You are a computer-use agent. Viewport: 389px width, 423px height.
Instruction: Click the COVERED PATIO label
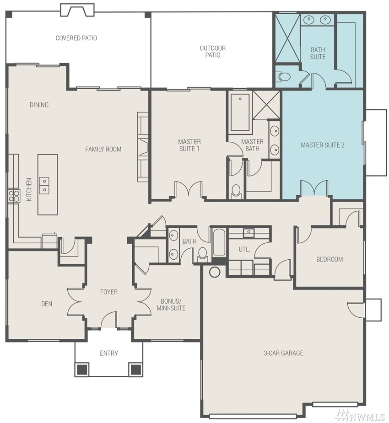[76, 38]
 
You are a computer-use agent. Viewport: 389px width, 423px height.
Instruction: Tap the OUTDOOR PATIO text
[213, 52]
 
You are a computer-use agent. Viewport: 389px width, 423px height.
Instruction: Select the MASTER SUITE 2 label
[323, 145]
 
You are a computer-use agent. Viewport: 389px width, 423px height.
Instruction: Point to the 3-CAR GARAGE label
[283, 353]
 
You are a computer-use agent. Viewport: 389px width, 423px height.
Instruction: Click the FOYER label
[109, 292]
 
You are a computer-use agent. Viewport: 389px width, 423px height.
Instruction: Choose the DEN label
[47, 304]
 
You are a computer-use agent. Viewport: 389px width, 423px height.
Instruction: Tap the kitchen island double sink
[44, 186]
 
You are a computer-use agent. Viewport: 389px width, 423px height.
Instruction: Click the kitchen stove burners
[14, 196]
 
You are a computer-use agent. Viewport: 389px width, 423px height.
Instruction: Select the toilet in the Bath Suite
[283, 77]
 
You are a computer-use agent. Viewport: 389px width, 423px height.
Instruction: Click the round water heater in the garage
[215, 272]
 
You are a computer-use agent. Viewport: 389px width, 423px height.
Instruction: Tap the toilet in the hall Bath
[202, 254]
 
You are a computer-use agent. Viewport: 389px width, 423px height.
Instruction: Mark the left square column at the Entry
[82, 369]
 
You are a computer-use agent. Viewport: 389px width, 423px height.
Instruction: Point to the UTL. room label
[244, 250]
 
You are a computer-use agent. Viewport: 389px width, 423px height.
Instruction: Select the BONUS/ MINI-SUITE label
[171, 305]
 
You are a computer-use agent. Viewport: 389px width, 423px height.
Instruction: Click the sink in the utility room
[249, 233]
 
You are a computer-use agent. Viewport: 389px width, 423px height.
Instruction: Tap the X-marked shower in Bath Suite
[287, 38]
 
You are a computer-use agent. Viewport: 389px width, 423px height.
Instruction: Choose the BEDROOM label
[330, 259]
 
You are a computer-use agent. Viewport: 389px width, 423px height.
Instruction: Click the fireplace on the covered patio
[77, 10]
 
